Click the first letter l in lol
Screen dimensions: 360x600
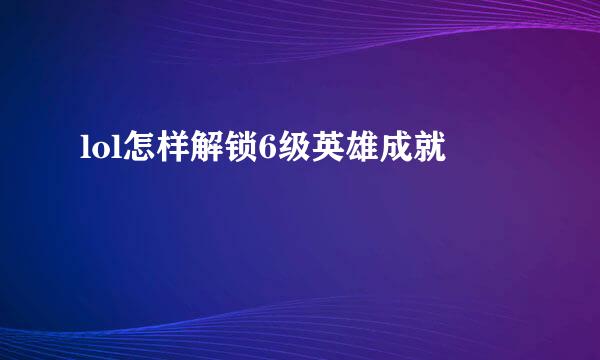[82, 150]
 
